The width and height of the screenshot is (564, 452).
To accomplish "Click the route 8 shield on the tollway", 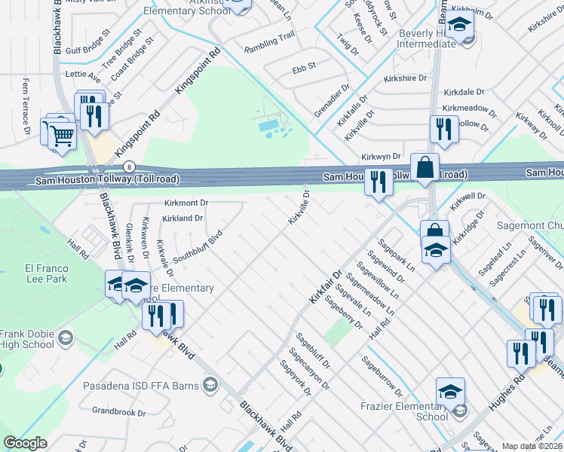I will click(130, 166).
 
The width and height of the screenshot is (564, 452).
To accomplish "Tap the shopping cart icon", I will click(62, 136).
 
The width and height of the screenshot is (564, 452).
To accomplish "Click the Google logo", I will click(25, 443).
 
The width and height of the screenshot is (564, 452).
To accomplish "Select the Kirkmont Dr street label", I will click(185, 203).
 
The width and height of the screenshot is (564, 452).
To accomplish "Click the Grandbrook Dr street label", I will click(118, 412).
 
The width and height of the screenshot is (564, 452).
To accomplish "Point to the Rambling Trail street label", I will click(269, 46).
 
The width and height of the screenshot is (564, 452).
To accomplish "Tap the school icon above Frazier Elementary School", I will click(450, 390).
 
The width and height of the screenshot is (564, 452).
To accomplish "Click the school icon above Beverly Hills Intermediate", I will click(458, 25).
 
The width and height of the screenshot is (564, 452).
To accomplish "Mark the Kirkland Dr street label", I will click(183, 218).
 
